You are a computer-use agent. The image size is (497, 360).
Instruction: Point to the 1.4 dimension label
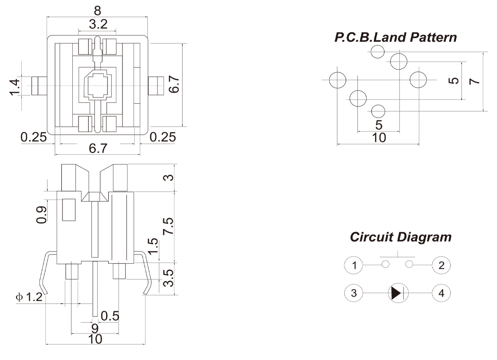(x=14, y=86)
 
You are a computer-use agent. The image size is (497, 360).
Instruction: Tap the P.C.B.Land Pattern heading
(x=395, y=37)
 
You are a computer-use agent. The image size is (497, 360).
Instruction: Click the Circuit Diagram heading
(x=401, y=237)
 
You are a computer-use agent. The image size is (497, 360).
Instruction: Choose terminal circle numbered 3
(x=354, y=293)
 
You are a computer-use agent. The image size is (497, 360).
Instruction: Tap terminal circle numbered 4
(x=441, y=293)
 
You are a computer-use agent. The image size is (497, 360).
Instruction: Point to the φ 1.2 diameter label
(x=29, y=297)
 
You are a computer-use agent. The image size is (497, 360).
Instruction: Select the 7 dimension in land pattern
(x=475, y=81)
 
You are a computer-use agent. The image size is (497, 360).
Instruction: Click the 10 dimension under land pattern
(x=379, y=137)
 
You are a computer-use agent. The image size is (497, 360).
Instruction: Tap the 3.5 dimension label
(x=168, y=278)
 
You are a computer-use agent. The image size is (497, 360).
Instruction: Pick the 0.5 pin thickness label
(x=110, y=316)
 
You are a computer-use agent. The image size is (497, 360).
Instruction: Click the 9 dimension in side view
(x=95, y=329)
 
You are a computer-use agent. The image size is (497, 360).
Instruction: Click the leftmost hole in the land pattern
(x=338, y=80)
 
